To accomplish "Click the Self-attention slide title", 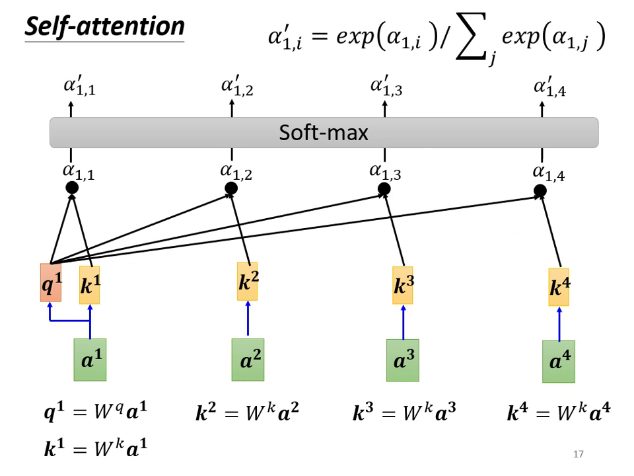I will click(104, 26).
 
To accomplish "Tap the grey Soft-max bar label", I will click(324, 133).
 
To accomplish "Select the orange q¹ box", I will click(51, 282).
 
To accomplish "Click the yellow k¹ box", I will click(90, 285).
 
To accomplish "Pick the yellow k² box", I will click(248, 282).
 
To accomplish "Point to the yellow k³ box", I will click(403, 285).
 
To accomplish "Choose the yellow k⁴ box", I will click(559, 287).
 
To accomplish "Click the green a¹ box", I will click(90, 360).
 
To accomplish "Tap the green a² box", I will click(248, 360).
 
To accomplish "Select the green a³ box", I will click(403, 361).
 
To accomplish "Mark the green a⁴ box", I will click(559, 362).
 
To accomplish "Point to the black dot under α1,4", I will click(540, 192).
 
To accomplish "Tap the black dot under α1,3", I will click(384, 190).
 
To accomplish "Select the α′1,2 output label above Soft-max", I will click(236, 87).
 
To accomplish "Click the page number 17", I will click(579, 454).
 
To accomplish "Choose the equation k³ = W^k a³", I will click(405, 415).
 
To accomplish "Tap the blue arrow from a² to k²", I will click(248, 319).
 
